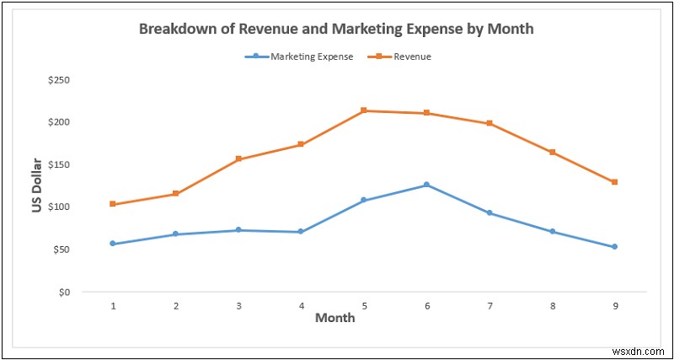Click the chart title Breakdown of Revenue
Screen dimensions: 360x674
(x=335, y=29)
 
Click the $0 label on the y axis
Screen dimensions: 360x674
(x=63, y=292)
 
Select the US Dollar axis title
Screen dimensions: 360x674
(x=37, y=185)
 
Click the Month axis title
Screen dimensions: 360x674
(x=334, y=318)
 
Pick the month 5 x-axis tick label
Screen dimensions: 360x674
(x=364, y=305)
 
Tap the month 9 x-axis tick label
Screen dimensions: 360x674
(x=615, y=305)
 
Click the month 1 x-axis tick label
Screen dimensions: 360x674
(x=113, y=305)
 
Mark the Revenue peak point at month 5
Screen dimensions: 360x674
(x=364, y=110)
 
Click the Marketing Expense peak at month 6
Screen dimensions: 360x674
(x=426, y=185)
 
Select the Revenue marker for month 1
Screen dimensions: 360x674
(x=113, y=204)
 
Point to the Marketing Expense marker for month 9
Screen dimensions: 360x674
(x=615, y=247)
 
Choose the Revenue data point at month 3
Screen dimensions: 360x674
(x=238, y=159)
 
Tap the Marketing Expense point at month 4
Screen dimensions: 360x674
(x=301, y=232)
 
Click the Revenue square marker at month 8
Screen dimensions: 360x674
(x=552, y=153)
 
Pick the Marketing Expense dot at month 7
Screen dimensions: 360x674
(x=489, y=213)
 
